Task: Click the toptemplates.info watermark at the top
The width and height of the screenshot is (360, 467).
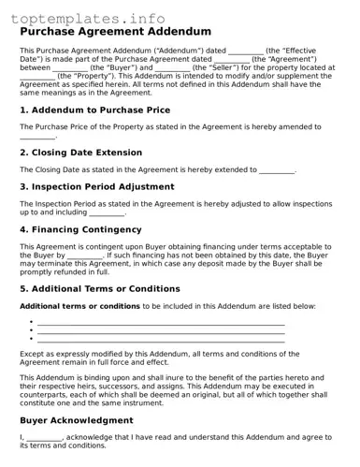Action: pyautogui.click(x=89, y=19)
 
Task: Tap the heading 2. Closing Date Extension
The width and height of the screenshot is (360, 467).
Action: pyautogui.click(x=81, y=153)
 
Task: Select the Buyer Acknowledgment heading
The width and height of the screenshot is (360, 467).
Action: pyautogui.click(x=77, y=420)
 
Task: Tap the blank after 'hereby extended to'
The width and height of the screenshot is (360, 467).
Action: pyautogui.click(x=277, y=170)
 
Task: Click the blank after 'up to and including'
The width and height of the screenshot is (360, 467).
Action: pyautogui.click(x=107, y=212)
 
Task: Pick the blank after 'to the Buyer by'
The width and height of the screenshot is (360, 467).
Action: pyautogui.click(x=85, y=255)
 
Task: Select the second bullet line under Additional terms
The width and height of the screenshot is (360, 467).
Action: pyautogui.click(x=160, y=331)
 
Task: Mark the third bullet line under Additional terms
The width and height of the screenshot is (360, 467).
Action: pyautogui.click(x=160, y=340)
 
